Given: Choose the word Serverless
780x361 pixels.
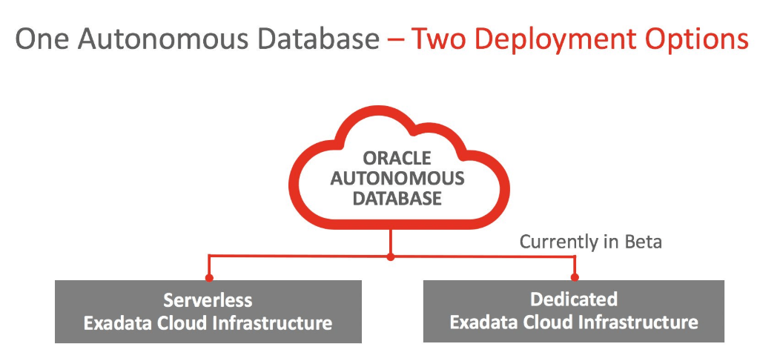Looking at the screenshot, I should pyautogui.click(x=208, y=300).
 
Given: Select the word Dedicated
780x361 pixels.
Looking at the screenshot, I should pyautogui.click(x=574, y=299).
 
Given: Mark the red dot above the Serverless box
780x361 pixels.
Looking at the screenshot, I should pyautogui.click(x=208, y=278).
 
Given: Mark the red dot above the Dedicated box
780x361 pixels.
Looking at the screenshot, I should pyautogui.click(x=574, y=278).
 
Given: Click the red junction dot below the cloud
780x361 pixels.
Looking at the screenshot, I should pyautogui.click(x=391, y=256).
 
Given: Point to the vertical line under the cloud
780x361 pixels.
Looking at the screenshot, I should pyautogui.click(x=391, y=239).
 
